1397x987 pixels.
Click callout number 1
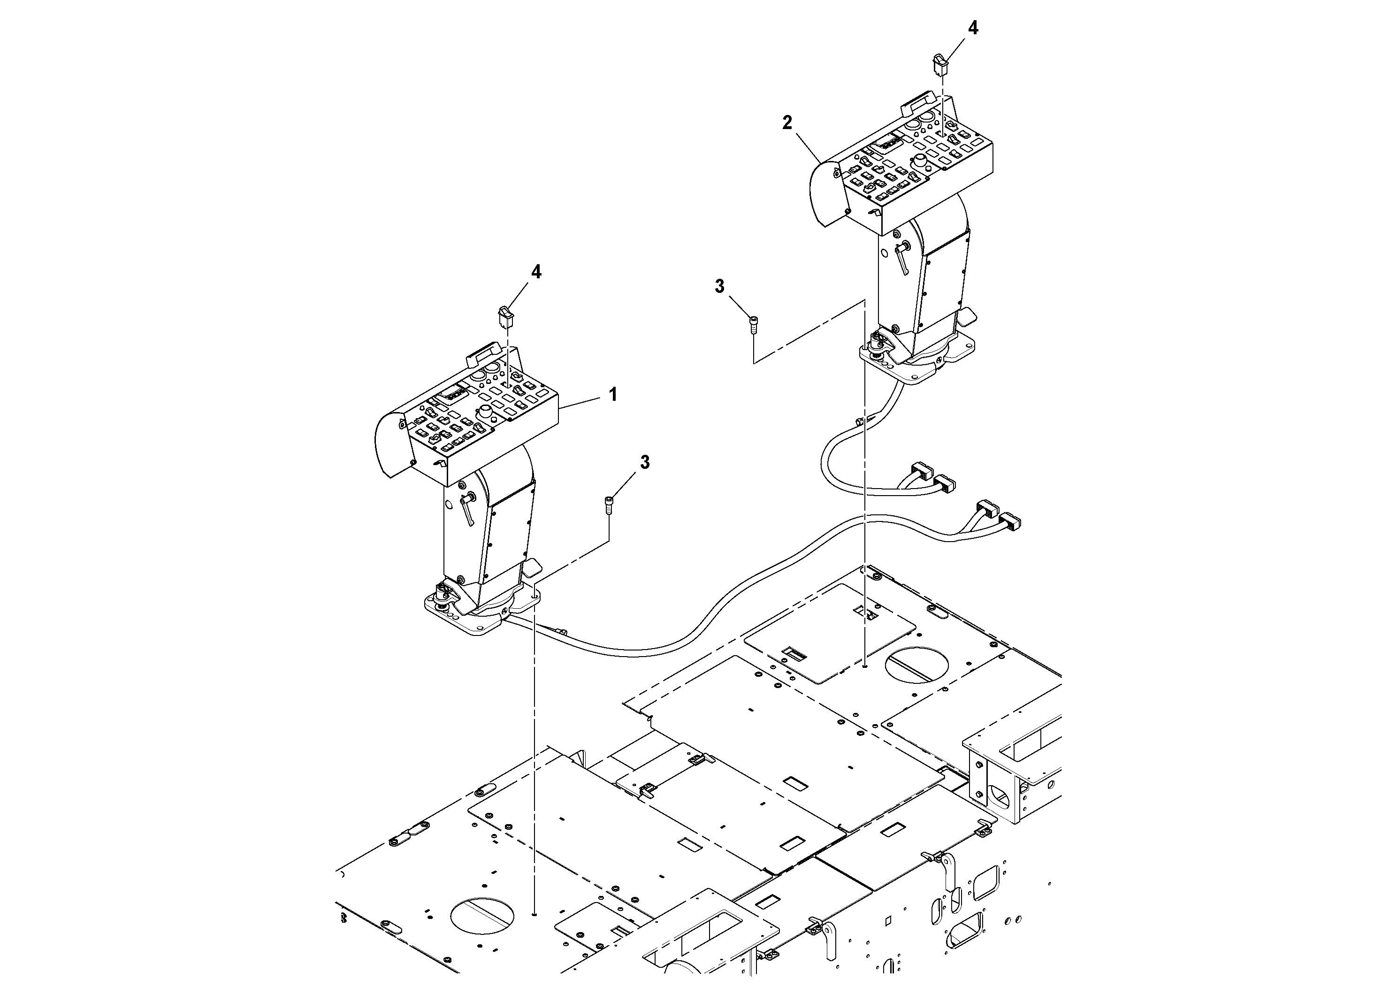[613, 394]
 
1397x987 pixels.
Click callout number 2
[787, 123]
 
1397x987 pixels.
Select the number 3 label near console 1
[645, 462]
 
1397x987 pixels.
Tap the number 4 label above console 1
[536, 272]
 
